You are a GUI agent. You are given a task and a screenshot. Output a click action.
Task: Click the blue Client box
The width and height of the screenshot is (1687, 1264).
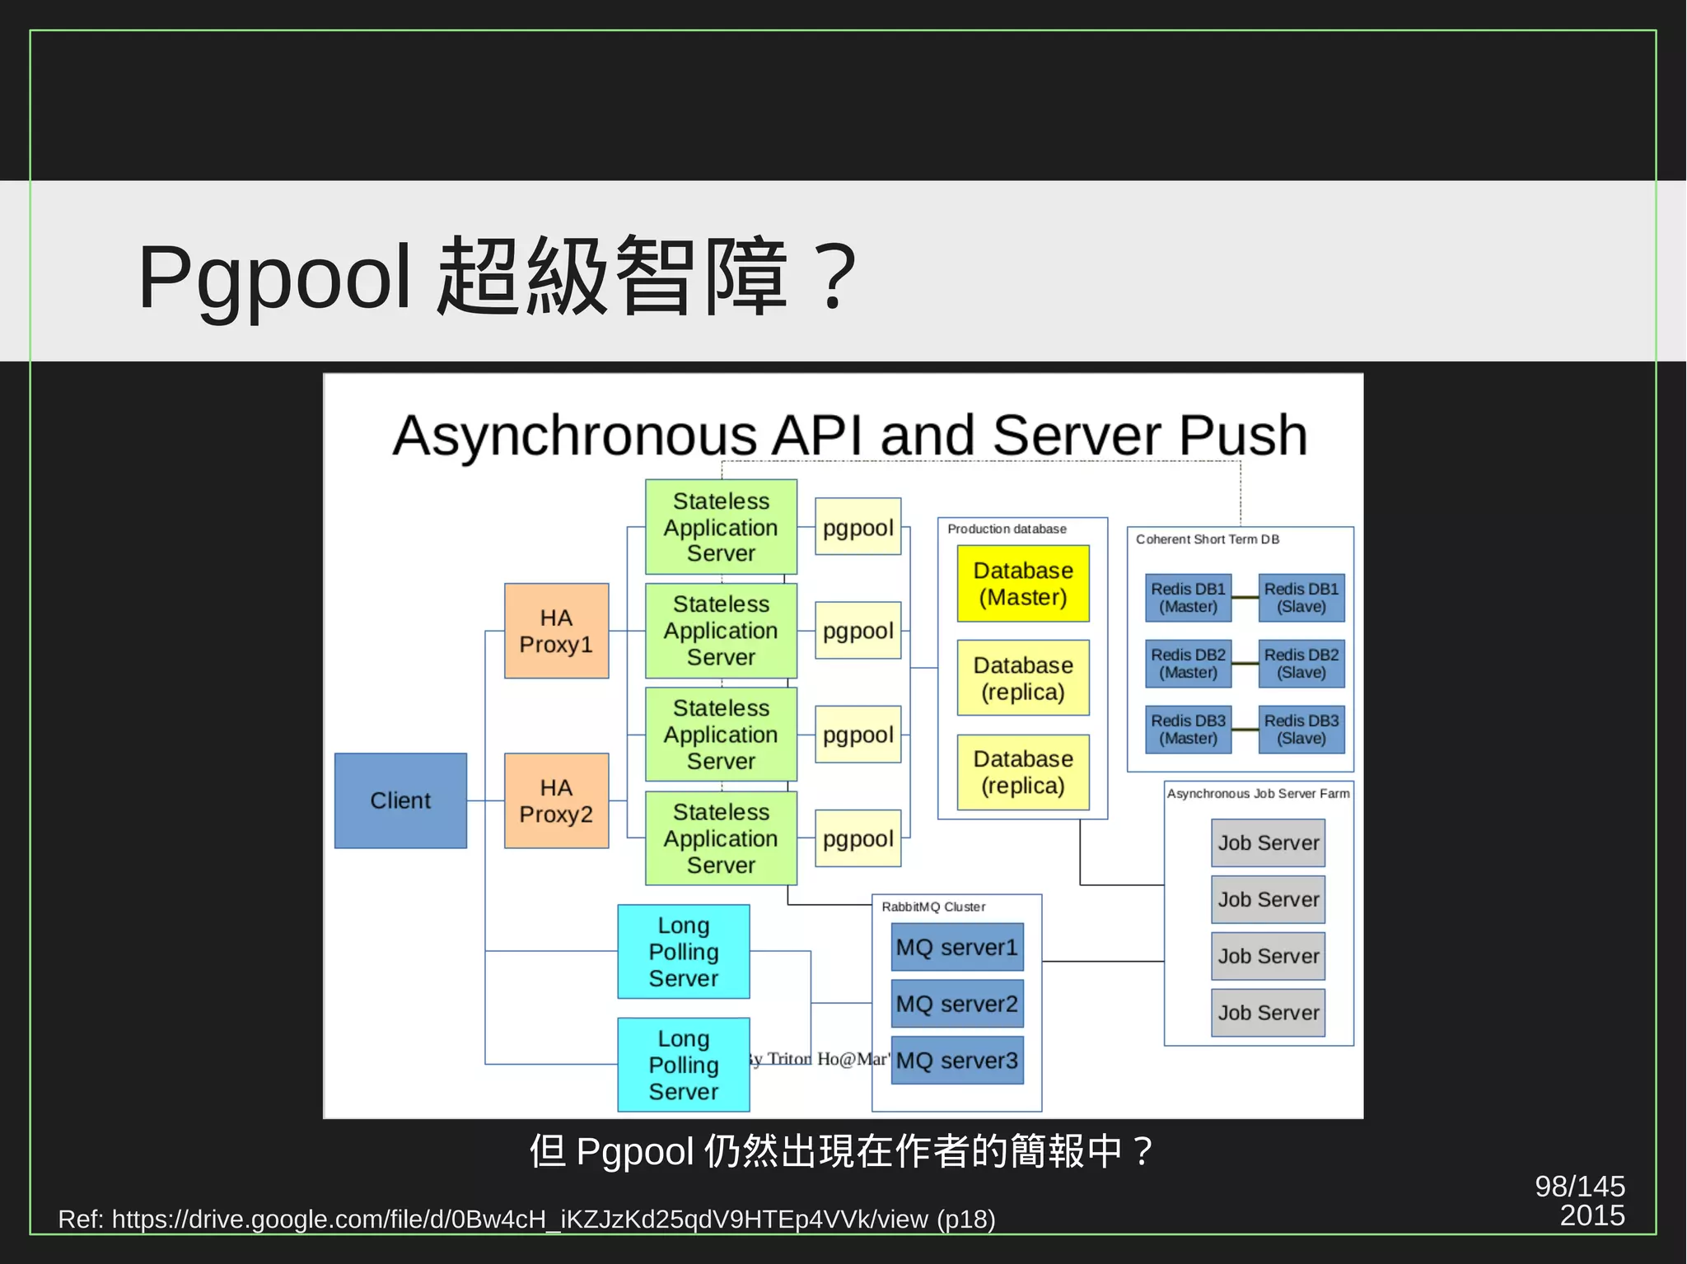400,800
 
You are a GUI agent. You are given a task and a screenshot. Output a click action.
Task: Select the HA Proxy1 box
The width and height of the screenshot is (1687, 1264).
556,631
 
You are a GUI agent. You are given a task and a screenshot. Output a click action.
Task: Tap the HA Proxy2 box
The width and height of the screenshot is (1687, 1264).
556,800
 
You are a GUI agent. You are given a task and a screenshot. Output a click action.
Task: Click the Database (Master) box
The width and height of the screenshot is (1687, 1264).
1023,583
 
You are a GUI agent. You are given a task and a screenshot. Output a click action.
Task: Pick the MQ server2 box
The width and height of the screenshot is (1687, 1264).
957,1004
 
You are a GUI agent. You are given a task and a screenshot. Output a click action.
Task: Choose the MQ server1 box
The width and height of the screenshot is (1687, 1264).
957,947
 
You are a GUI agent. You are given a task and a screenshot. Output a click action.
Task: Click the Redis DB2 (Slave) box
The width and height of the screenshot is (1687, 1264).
1301,664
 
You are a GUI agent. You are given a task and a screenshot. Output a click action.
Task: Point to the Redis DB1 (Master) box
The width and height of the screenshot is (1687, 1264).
1188,598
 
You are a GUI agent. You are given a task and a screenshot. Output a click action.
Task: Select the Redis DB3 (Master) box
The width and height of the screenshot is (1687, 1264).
1188,730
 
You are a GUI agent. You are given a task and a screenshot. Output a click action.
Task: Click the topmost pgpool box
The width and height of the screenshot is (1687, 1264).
858,527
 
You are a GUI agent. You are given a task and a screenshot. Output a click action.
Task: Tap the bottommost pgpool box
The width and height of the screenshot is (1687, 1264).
858,838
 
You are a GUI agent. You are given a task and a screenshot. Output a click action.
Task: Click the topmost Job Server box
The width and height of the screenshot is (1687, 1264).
1268,842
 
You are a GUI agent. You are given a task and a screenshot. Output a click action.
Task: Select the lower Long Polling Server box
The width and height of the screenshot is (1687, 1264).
684,1065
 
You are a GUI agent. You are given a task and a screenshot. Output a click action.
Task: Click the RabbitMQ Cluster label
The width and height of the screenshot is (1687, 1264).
933,907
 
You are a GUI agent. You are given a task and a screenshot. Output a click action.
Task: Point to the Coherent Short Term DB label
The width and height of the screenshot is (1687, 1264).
1207,539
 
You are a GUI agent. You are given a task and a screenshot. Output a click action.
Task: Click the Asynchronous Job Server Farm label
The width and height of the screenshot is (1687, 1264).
1258,794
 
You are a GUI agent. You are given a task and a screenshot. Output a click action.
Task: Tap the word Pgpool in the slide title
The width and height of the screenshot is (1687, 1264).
274,278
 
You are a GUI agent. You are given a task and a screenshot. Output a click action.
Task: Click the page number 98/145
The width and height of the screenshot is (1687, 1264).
1579,1187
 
